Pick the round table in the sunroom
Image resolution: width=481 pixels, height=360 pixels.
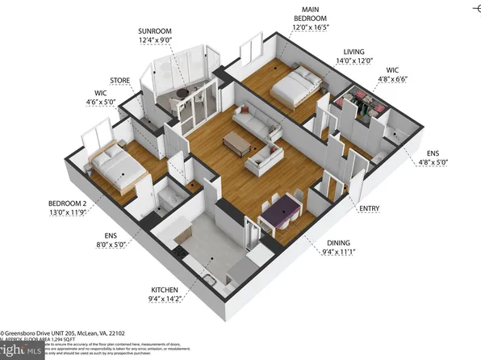pyautogui.click(x=185, y=92)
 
